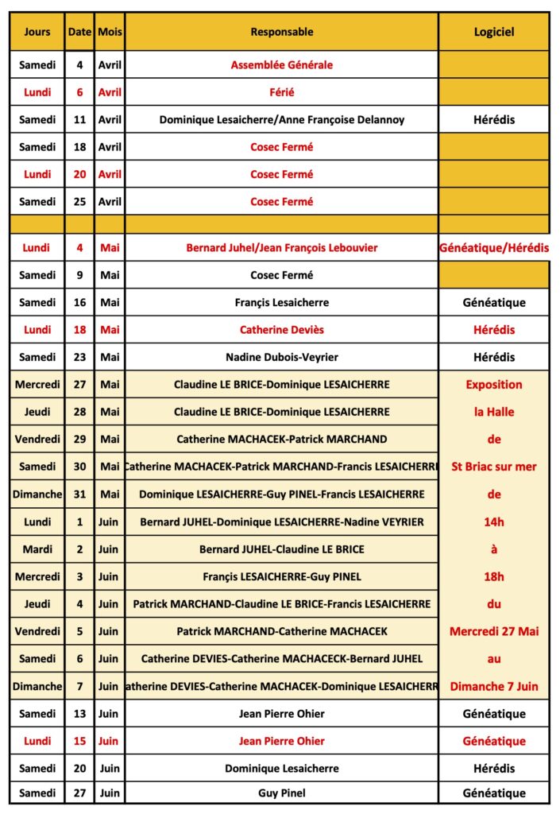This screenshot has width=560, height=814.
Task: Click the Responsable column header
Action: pyautogui.click(x=282, y=32)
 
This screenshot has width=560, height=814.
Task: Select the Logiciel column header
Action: pyautogui.click(x=494, y=32)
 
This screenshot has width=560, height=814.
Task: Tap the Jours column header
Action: pyautogui.click(x=37, y=32)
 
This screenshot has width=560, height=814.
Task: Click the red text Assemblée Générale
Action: pyautogui.click(x=282, y=65)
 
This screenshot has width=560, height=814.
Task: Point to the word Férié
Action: pyautogui.click(x=282, y=92)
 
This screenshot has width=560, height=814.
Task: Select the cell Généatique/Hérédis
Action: pyautogui.click(x=494, y=248)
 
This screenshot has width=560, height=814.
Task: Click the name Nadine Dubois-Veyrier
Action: pyautogui.click(x=282, y=357)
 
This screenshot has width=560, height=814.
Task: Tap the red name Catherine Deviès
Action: pyautogui.click(x=282, y=330)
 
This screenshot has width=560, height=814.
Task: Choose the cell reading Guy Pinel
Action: pyautogui.click(x=282, y=793)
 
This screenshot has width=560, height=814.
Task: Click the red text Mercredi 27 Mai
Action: pyautogui.click(x=494, y=631)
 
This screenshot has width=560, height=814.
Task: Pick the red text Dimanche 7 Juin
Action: pyautogui.click(x=494, y=686)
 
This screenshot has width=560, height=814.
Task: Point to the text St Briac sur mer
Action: pyautogui.click(x=494, y=467)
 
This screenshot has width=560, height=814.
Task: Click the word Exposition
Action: pyautogui.click(x=494, y=385)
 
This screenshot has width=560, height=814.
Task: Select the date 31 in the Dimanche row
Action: pyautogui.click(x=79, y=494)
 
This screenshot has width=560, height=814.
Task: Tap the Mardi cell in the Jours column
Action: pyautogui.click(x=37, y=548)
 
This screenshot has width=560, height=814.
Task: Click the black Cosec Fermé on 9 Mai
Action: pyautogui.click(x=282, y=275)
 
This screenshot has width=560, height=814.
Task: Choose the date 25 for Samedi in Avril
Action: pyautogui.click(x=79, y=201)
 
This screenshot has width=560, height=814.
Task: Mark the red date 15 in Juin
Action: pyautogui.click(x=79, y=741)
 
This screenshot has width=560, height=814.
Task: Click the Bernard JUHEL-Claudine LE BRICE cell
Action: pyautogui.click(x=282, y=548)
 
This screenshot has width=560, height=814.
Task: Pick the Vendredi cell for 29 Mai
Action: pyautogui.click(x=37, y=439)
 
